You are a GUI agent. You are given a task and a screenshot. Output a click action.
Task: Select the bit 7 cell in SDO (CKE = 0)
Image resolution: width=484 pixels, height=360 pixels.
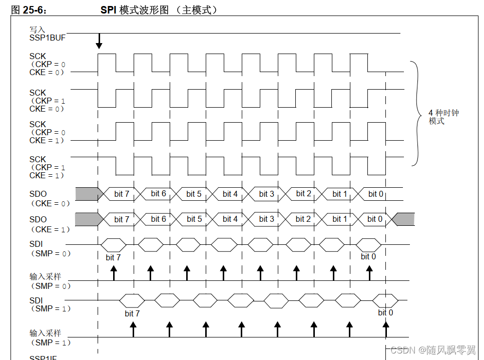pos(122,194)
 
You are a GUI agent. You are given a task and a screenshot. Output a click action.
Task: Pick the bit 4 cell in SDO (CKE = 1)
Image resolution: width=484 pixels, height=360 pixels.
pos(230,219)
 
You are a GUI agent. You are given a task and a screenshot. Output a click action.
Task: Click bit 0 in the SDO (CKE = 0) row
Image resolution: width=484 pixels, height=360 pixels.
pos(375,194)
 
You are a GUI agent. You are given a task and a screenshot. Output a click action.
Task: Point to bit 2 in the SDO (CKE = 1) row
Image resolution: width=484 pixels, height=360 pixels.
pos(303,219)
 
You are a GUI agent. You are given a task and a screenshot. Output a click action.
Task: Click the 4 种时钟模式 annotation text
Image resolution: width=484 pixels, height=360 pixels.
pos(443,117)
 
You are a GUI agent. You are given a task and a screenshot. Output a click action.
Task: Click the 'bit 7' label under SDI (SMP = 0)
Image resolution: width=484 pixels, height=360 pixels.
pos(113,257)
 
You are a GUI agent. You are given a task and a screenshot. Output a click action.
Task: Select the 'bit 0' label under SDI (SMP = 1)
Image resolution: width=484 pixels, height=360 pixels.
pos(385,312)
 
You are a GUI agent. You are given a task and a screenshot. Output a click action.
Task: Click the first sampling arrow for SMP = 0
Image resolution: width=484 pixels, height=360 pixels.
pos(114,272)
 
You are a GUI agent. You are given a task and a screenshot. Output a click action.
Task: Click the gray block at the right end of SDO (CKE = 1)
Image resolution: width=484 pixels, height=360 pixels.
pos(404,219)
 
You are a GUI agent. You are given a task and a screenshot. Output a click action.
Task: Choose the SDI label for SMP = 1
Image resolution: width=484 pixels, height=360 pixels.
pos(36,300)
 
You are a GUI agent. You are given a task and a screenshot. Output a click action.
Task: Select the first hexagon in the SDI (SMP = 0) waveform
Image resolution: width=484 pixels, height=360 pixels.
pos(113,245)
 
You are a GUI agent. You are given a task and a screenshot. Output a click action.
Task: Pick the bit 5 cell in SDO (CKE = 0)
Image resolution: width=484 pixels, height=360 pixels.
pos(194,194)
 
